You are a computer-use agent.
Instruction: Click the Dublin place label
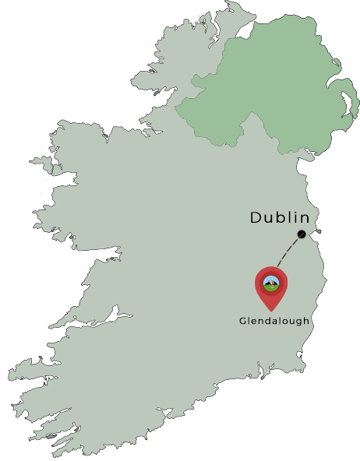click(x=280, y=218)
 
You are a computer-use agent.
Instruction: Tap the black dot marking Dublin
click(x=302, y=234)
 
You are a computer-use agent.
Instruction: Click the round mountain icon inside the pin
click(x=271, y=283)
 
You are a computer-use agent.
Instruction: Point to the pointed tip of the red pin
click(x=271, y=310)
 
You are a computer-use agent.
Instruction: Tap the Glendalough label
click(x=274, y=321)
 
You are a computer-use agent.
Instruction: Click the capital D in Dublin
click(x=256, y=218)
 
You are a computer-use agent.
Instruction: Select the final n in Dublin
click(x=304, y=219)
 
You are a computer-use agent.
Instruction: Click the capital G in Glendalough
click(x=242, y=321)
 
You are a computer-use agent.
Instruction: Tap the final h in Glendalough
click(x=307, y=321)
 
